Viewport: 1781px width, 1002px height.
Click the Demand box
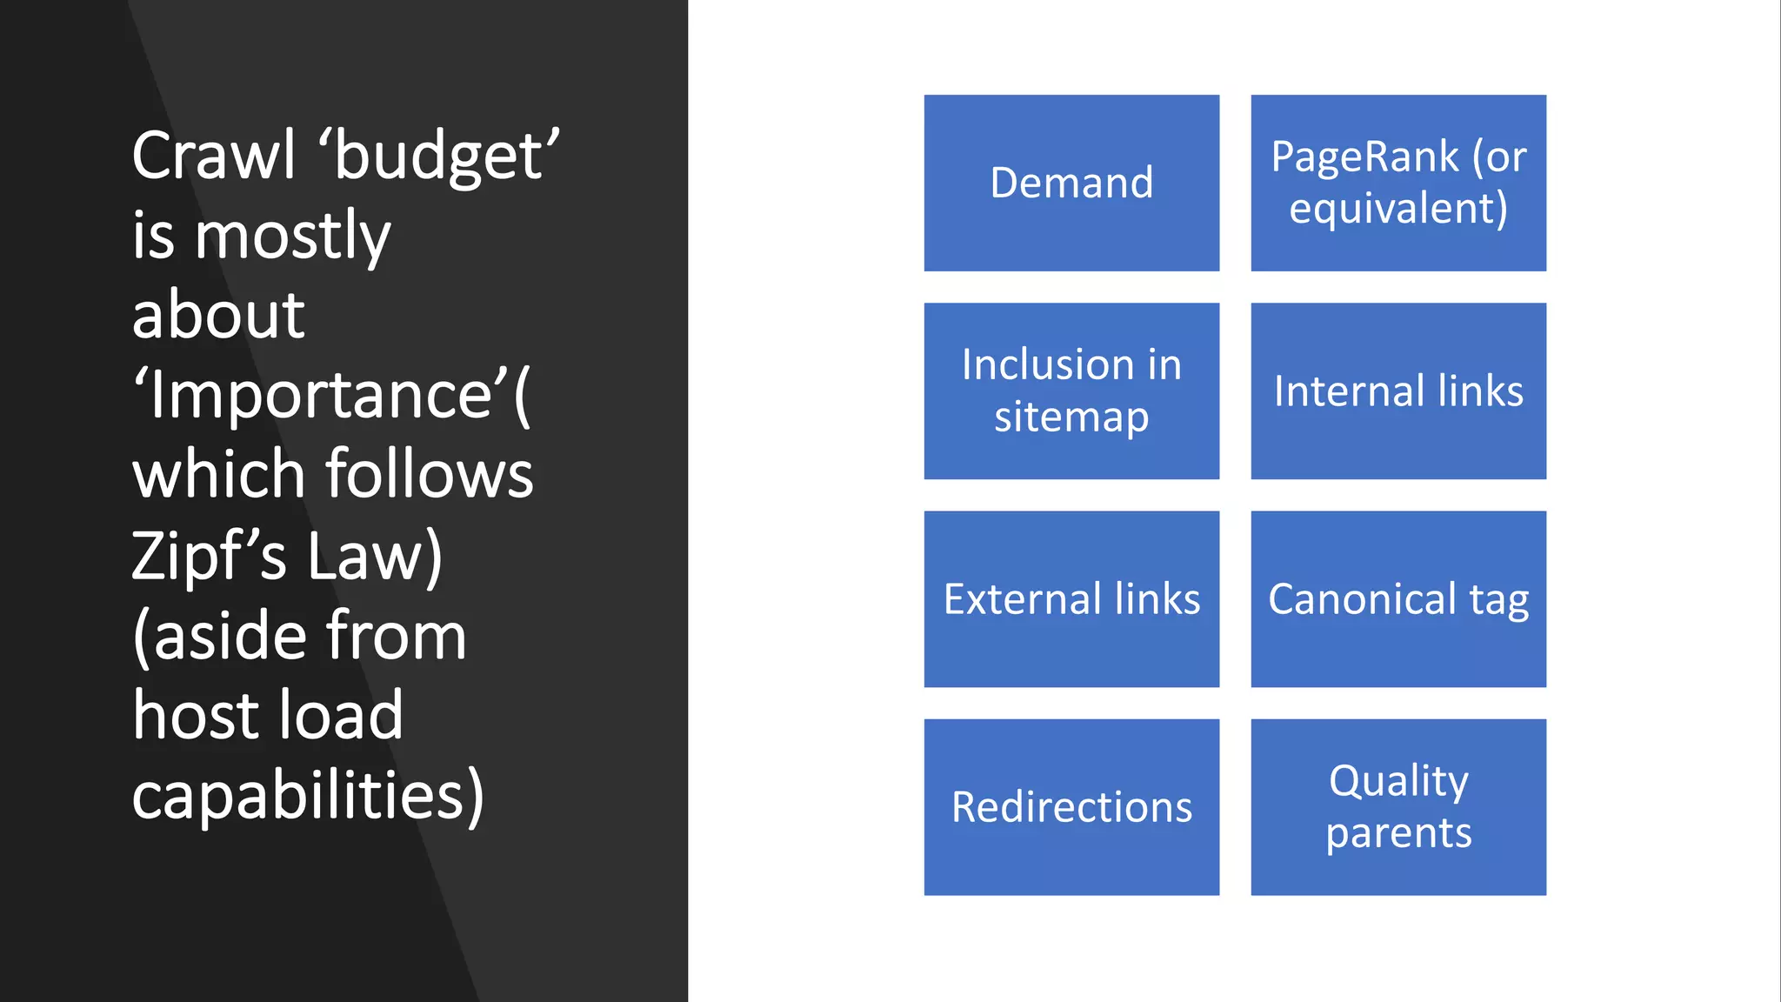1071,183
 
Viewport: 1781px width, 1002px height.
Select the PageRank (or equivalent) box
1398,183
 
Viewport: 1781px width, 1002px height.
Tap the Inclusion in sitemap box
1071,391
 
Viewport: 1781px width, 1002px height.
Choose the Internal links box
1398,391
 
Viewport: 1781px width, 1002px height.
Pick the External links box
1071,598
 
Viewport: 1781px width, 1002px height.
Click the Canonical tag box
1398,598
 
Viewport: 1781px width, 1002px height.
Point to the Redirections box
1071,806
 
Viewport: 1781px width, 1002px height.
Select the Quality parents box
1398,806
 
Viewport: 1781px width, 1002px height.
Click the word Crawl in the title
214,156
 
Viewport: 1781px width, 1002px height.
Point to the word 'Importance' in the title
322,396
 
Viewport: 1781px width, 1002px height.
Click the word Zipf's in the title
209,556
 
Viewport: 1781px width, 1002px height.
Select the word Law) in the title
375,556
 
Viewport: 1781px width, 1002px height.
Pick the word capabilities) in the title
308,796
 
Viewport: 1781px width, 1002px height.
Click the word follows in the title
430,475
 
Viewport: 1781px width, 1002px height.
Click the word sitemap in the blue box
1071,417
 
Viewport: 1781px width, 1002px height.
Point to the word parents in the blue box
1398,833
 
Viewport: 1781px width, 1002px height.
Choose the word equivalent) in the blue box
1398,209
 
